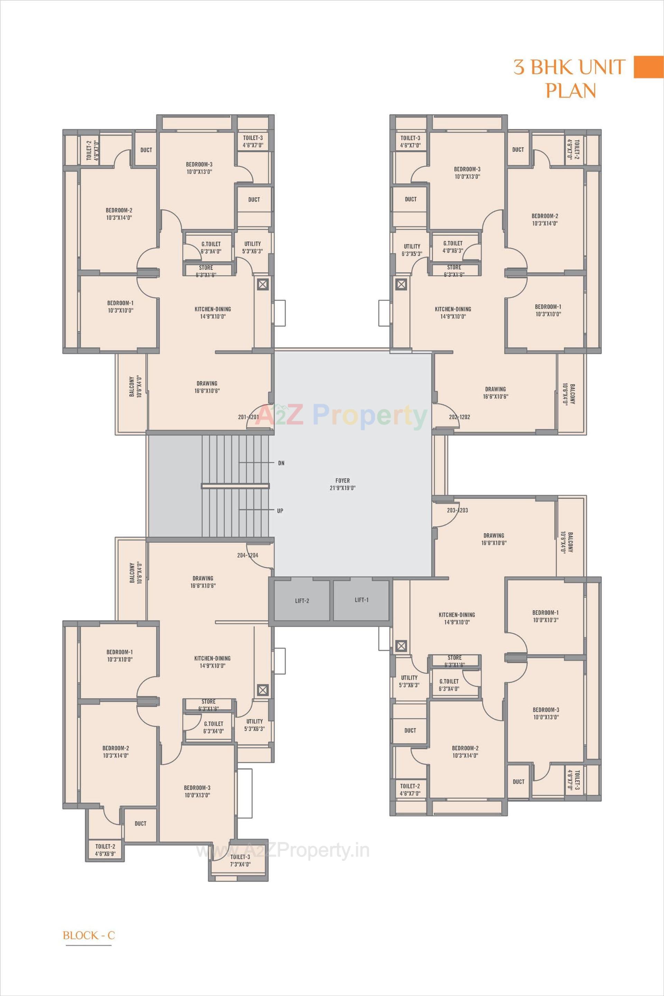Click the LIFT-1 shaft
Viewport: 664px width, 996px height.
coord(361,600)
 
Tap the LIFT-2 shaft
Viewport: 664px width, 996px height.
coord(302,600)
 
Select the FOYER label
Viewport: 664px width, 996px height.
coord(343,480)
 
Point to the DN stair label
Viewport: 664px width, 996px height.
coord(281,463)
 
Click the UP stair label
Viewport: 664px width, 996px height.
coord(280,511)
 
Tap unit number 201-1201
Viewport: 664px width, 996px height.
coord(249,417)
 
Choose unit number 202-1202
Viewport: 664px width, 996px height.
coord(460,417)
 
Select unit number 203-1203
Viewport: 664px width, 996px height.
coord(457,510)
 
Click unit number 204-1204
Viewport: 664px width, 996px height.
coord(248,555)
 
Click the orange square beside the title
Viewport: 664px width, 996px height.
coord(648,67)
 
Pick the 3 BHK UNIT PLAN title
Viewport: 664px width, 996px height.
coord(570,79)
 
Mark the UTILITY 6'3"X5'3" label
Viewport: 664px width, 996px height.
coord(412,250)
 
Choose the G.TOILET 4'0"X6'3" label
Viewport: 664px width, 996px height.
coord(453,247)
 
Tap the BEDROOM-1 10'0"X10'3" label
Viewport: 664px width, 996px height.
coord(545,616)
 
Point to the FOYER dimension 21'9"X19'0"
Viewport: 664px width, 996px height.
coord(343,488)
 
